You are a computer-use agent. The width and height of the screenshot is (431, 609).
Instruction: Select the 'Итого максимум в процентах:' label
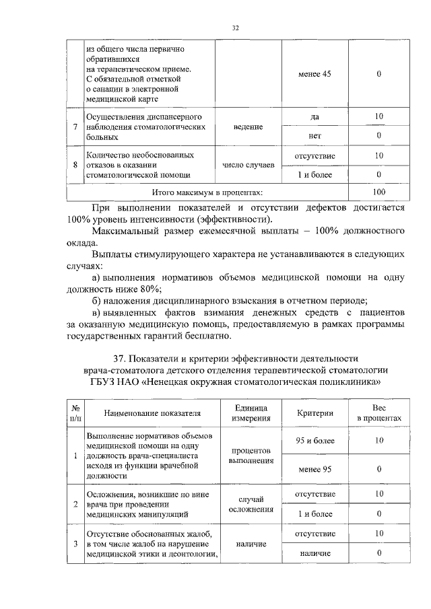tap(207, 193)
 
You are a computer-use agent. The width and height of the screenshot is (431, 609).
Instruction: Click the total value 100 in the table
tap(378, 193)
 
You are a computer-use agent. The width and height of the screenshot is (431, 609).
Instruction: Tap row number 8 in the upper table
tap(74, 165)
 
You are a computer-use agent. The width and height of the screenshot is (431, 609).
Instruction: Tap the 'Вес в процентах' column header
tap(378, 413)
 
